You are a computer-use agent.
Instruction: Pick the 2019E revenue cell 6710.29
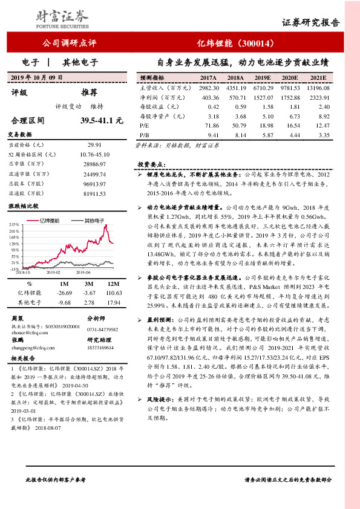pyautogui.click(x=261, y=88)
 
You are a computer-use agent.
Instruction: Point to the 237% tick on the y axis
pyautogui.click(x=15, y=225)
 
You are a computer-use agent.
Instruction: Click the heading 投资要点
pyautogui.click(x=152, y=164)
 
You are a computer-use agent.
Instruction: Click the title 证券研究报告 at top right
pyautogui.click(x=311, y=22)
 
